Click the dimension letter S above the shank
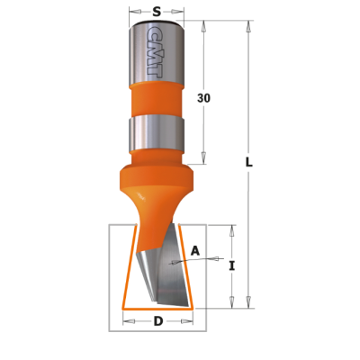[157, 12]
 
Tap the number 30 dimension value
[203, 98]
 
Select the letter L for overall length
[249, 162]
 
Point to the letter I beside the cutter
[231, 266]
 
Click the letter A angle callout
[195, 250]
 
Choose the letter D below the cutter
[158, 321]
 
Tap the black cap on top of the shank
[157, 22]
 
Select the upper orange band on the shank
[156, 99]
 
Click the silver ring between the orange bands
[156, 132]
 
